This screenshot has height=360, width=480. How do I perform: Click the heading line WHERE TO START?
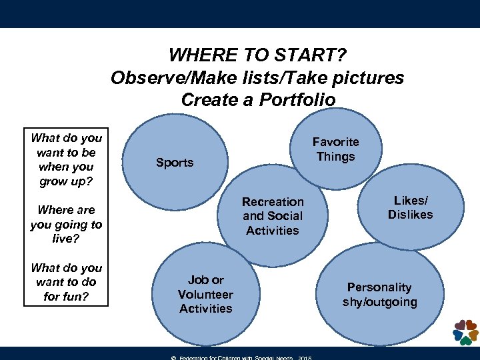[257, 54]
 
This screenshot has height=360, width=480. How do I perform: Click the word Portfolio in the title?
[298, 100]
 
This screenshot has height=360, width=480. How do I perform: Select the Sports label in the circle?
[174, 163]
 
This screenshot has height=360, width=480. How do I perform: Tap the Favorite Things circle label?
[336, 149]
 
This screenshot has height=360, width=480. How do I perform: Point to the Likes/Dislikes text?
[410, 207]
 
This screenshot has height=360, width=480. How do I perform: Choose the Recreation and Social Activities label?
[272, 216]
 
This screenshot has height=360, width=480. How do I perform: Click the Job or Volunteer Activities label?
[205, 294]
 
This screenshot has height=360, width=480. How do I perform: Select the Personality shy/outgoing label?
[379, 295]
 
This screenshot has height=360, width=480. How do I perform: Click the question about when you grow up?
[67, 160]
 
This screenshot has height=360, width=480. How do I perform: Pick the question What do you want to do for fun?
[67, 282]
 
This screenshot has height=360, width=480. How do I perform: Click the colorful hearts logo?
[465, 331]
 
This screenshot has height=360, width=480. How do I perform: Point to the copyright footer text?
[240, 357]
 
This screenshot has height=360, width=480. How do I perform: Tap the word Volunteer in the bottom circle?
[205, 294]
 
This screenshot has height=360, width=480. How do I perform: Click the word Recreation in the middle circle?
[272, 201]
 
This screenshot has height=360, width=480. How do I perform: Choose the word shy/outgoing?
[379, 302]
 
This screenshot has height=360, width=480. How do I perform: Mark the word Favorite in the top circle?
[336, 142]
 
